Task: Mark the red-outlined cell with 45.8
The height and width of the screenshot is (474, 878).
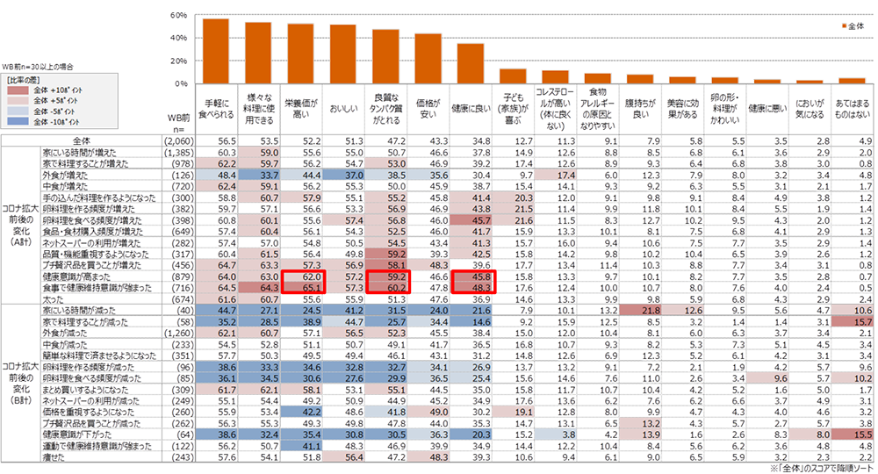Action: point(471,276)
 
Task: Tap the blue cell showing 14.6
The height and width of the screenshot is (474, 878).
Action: point(471,322)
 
